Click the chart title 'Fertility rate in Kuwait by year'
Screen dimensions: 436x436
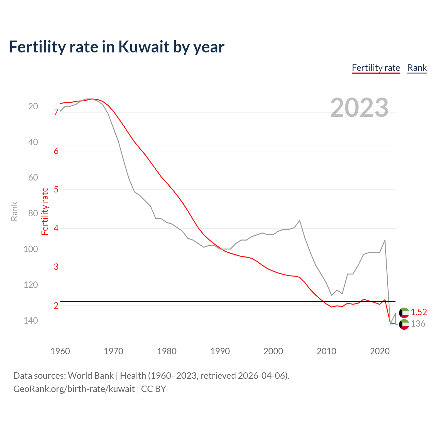[x=116, y=47]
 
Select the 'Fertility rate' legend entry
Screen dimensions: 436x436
[x=376, y=68]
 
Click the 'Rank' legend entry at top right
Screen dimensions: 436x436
[x=417, y=68]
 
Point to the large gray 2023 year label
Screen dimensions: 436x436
[x=359, y=108]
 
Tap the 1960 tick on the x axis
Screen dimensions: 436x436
[x=60, y=351]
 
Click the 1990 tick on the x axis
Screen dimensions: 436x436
[x=220, y=351]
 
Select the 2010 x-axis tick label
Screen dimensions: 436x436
[x=326, y=351]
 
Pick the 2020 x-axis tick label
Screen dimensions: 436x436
[x=379, y=351]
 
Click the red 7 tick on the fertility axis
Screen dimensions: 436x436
[x=56, y=112]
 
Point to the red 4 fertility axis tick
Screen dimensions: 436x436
[x=56, y=228]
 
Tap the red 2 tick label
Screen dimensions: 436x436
[x=56, y=306]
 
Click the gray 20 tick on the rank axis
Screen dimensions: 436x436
[x=33, y=106]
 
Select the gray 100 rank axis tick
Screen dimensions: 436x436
[x=31, y=249]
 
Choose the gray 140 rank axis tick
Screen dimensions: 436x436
[x=31, y=321]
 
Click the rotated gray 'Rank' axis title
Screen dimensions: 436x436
[x=14, y=211]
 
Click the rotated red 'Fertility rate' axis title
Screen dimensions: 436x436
[x=45, y=211]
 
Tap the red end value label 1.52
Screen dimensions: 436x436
[x=419, y=312]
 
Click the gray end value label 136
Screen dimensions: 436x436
[x=418, y=324]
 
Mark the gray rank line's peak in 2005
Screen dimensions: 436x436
[x=299, y=220]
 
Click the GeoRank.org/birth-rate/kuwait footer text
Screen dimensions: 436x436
[x=74, y=389]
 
